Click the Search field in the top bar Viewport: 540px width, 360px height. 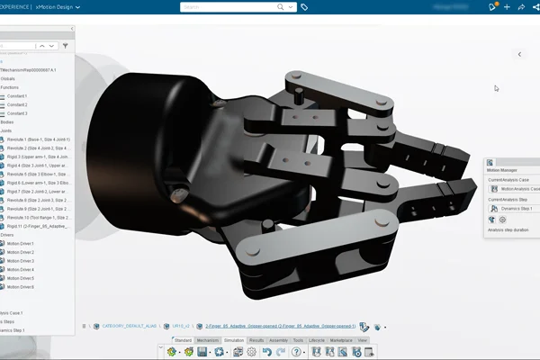(238, 7)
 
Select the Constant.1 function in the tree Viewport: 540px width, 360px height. (17, 95)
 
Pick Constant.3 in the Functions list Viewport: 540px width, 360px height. (17, 113)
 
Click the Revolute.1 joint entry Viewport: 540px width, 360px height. (36, 139)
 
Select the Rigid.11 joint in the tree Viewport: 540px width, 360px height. (36, 226)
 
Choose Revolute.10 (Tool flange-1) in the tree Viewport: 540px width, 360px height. (36, 217)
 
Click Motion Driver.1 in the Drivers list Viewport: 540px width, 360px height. (20, 243)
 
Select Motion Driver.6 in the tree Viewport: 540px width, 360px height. (20, 286)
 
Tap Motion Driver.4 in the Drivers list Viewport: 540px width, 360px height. (20, 269)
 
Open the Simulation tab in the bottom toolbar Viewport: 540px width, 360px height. (233, 340)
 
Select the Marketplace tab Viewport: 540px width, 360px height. (341, 340)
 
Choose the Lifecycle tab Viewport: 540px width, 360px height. (317, 340)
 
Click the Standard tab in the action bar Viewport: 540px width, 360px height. (184, 340)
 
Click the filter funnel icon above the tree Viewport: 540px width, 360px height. (65, 44)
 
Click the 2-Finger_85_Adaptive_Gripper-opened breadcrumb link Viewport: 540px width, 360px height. (280, 327)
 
